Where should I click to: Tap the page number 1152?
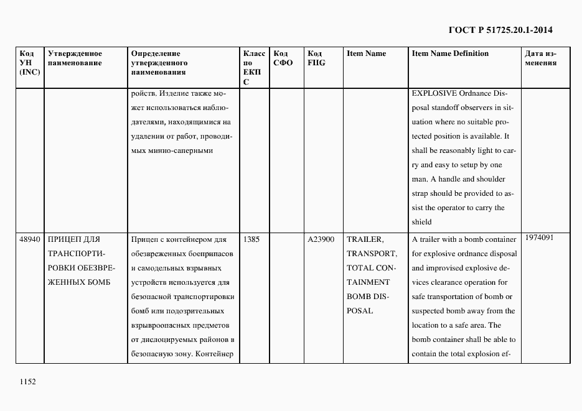(28, 382)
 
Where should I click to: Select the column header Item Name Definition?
(450, 53)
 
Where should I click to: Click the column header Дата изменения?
(540, 58)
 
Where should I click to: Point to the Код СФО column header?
(283, 58)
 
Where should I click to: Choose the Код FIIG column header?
(316, 58)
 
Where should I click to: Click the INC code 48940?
(30, 239)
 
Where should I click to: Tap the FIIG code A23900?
(321, 239)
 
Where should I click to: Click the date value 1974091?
(539, 238)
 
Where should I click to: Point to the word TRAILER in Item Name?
(365, 239)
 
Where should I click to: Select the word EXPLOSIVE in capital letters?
(434, 94)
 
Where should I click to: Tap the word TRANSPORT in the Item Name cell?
(371, 254)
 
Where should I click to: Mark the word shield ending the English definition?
(421, 222)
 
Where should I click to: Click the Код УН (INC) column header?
(30, 63)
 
